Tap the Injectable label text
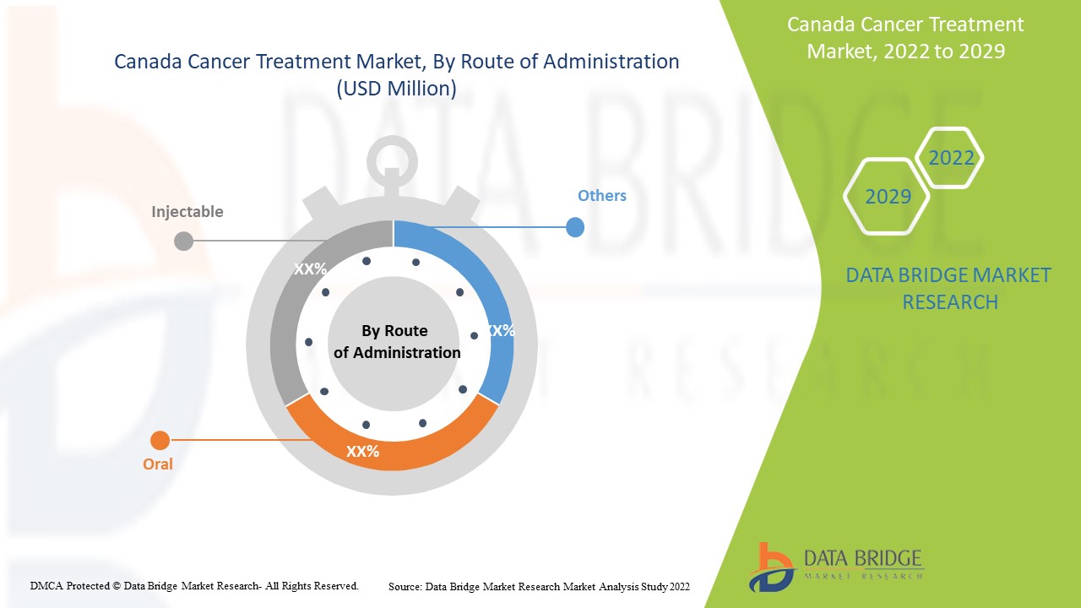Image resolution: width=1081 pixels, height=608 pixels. (187, 212)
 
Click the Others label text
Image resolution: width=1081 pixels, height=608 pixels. (601, 196)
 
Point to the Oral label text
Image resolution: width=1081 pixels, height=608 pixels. (158, 464)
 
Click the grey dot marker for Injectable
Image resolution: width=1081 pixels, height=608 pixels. (183, 242)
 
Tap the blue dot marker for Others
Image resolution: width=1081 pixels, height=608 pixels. (575, 227)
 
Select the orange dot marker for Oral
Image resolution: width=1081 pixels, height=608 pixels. (160, 440)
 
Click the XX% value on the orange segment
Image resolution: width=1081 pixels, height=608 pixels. (362, 452)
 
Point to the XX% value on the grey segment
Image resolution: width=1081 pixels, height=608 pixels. (310, 269)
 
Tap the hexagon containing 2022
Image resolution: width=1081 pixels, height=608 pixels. (951, 158)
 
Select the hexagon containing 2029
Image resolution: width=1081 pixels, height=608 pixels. (888, 197)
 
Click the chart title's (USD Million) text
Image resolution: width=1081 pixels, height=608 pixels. (396, 89)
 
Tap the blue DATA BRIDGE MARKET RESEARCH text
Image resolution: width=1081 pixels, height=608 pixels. (949, 288)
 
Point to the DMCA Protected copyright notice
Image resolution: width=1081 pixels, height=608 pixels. (194, 585)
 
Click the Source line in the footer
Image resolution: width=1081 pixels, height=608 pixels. (539, 586)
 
